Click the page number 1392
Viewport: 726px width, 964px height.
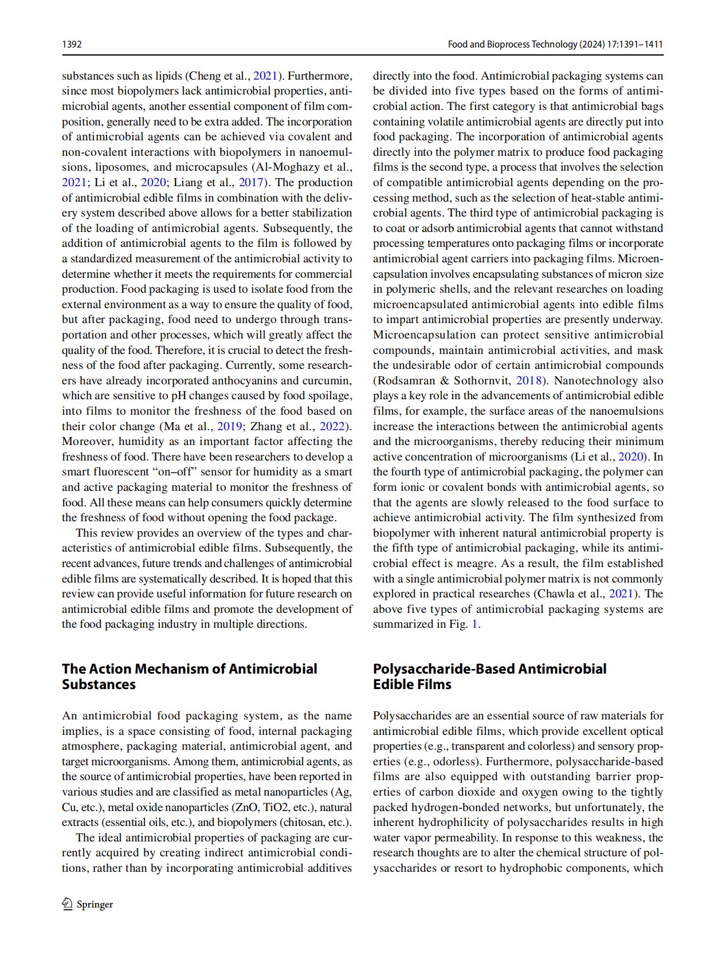pyautogui.click(x=72, y=44)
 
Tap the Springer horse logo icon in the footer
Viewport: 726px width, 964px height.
pyautogui.click(x=67, y=903)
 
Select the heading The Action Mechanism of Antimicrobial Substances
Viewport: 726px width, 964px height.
pyautogui.click(x=189, y=676)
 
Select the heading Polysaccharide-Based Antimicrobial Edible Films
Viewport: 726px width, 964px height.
pyautogui.click(x=489, y=676)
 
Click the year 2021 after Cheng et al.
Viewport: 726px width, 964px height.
pyautogui.click(x=265, y=76)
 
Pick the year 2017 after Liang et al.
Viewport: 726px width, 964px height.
pyautogui.click(x=251, y=182)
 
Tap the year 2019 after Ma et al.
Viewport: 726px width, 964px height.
pyautogui.click(x=229, y=426)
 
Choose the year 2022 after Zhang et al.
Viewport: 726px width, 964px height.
pyautogui.click(x=332, y=426)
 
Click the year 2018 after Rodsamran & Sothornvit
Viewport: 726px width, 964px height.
pyautogui.click(x=529, y=380)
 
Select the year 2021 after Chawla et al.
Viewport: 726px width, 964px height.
pyautogui.click(x=621, y=593)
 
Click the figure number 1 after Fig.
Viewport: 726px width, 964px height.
pyautogui.click(x=474, y=624)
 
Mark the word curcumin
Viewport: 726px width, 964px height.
pyautogui.click(x=327, y=380)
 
